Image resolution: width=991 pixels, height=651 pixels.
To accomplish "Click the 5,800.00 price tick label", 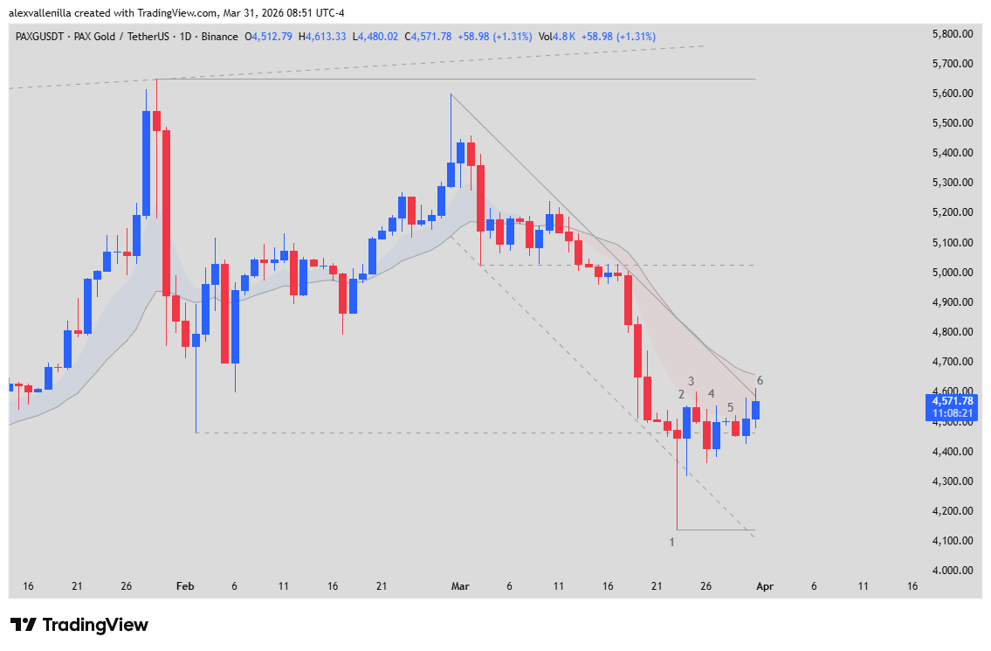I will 953,34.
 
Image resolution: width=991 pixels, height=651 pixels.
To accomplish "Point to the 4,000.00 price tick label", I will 953,571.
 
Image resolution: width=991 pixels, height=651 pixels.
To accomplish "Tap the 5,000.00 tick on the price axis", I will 953,273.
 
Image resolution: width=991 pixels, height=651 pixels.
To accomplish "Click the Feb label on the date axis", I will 184,587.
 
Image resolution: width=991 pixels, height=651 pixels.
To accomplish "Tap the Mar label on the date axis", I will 461,587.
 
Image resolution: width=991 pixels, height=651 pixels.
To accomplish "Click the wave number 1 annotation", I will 671,543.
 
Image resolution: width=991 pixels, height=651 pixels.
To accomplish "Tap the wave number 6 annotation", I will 760,380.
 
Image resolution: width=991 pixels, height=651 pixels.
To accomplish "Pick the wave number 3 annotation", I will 691,381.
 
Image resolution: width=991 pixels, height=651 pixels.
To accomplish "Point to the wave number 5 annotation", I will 730,406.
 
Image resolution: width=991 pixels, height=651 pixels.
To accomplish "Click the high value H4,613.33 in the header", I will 322,36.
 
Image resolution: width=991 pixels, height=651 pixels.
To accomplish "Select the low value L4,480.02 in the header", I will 375,36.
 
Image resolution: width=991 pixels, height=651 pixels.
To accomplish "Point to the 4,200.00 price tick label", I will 953,511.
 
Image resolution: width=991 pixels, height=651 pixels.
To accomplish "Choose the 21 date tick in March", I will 657,587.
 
